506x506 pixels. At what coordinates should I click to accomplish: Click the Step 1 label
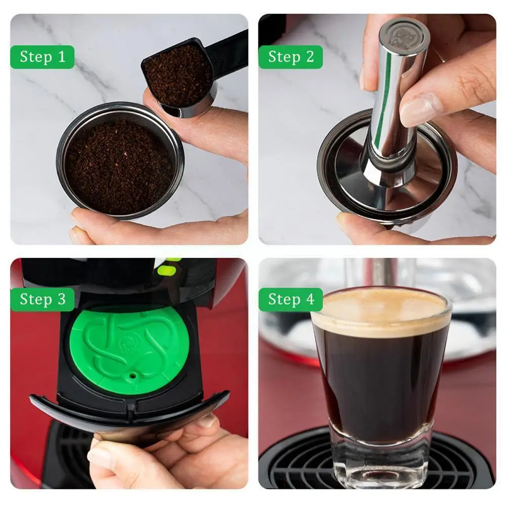(42, 57)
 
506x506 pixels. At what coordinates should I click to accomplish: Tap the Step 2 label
(291, 57)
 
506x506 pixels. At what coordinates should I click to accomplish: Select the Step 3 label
(42, 299)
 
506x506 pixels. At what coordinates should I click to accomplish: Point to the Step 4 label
(291, 299)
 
